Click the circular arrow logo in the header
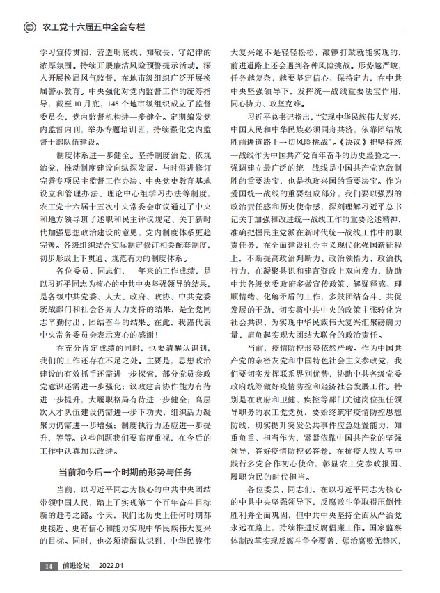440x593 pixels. pos(29,27)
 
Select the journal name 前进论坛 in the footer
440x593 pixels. pos(75,566)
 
